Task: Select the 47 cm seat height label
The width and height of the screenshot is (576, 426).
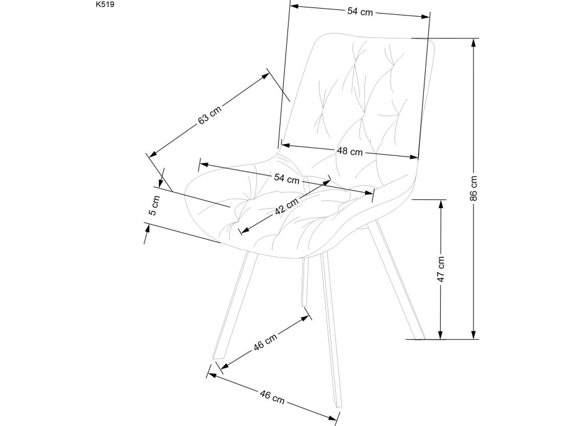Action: click(x=441, y=269)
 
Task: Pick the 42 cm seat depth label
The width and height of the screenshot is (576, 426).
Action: click(x=287, y=204)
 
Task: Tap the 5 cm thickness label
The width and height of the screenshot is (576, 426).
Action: click(x=155, y=205)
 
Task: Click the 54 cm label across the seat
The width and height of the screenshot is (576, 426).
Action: click(x=287, y=178)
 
